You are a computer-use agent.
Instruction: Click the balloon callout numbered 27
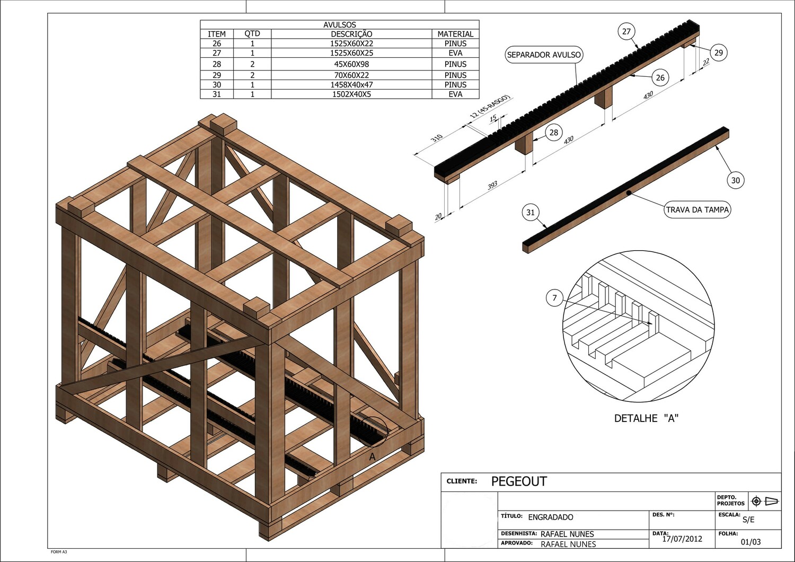pyautogui.click(x=626, y=32)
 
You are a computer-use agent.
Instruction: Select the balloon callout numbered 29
pyautogui.click(x=718, y=52)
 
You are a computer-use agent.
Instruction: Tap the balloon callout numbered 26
pyautogui.click(x=660, y=78)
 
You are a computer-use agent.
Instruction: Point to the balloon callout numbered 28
pyautogui.click(x=554, y=133)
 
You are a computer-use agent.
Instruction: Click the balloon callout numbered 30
pyautogui.click(x=735, y=180)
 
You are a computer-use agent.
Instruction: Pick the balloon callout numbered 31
pyautogui.click(x=531, y=213)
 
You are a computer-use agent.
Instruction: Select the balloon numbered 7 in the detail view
pyautogui.click(x=554, y=298)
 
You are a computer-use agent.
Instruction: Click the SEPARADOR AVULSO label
pyautogui.click(x=544, y=55)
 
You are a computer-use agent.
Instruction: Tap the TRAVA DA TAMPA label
pyautogui.click(x=697, y=209)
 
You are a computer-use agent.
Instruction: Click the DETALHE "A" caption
pyautogui.click(x=646, y=418)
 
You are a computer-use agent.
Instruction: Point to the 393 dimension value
pyautogui.click(x=492, y=186)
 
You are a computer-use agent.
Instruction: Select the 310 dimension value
pyautogui.click(x=436, y=138)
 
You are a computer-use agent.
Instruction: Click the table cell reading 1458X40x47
pyautogui.click(x=351, y=85)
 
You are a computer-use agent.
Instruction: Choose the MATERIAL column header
pyautogui.click(x=455, y=34)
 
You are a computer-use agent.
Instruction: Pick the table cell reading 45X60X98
pyautogui.click(x=351, y=64)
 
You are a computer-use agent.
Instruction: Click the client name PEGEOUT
pyautogui.click(x=519, y=481)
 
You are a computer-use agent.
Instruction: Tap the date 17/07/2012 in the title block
pyautogui.click(x=682, y=539)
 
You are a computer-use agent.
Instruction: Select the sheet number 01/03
pyautogui.click(x=750, y=542)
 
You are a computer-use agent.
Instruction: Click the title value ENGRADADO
pyautogui.click(x=551, y=517)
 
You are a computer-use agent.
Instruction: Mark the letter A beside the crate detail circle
pyautogui.click(x=373, y=456)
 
